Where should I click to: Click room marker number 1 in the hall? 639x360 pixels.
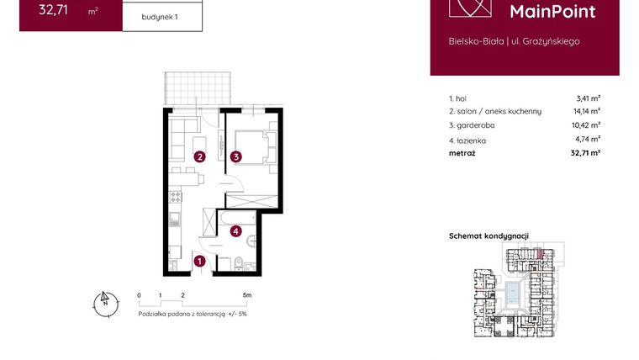pos(199,262)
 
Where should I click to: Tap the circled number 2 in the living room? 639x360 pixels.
pos(200,156)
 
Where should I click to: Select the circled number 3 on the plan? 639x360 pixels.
pos(237,156)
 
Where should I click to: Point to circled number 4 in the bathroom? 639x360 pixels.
pos(236,231)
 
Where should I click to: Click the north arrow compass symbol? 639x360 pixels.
pos(104,303)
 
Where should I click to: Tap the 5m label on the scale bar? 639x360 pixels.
pos(246,296)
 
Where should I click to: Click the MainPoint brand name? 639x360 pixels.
pos(553,11)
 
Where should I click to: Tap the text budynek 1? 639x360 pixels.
pos(161,16)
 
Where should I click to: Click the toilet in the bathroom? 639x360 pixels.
pos(238,262)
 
